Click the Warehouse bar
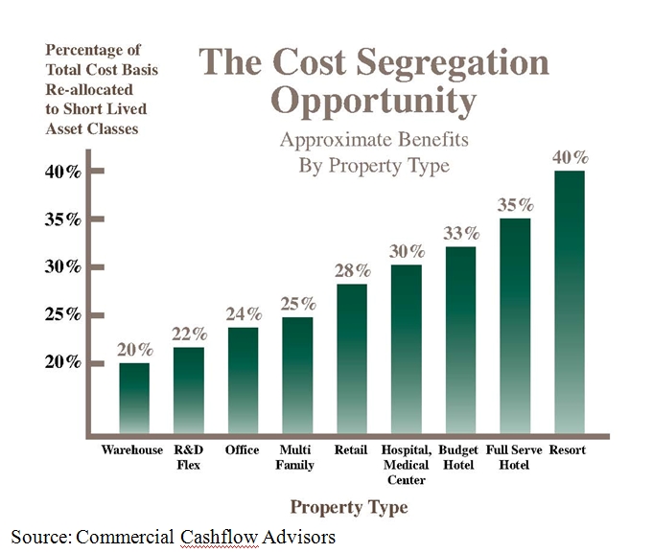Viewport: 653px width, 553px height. coord(133,397)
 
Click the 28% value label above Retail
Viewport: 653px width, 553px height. coord(351,270)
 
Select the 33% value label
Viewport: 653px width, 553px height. coord(460,233)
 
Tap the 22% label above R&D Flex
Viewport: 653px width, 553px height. coord(189,334)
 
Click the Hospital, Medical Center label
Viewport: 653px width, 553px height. coord(406,464)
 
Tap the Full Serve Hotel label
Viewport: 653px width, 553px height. coord(514,458)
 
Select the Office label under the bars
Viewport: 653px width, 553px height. coord(242,449)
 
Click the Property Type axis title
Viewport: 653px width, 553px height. coord(349,507)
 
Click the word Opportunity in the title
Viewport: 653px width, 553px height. coord(374,100)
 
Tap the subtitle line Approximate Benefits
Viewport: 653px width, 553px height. coord(374,139)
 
